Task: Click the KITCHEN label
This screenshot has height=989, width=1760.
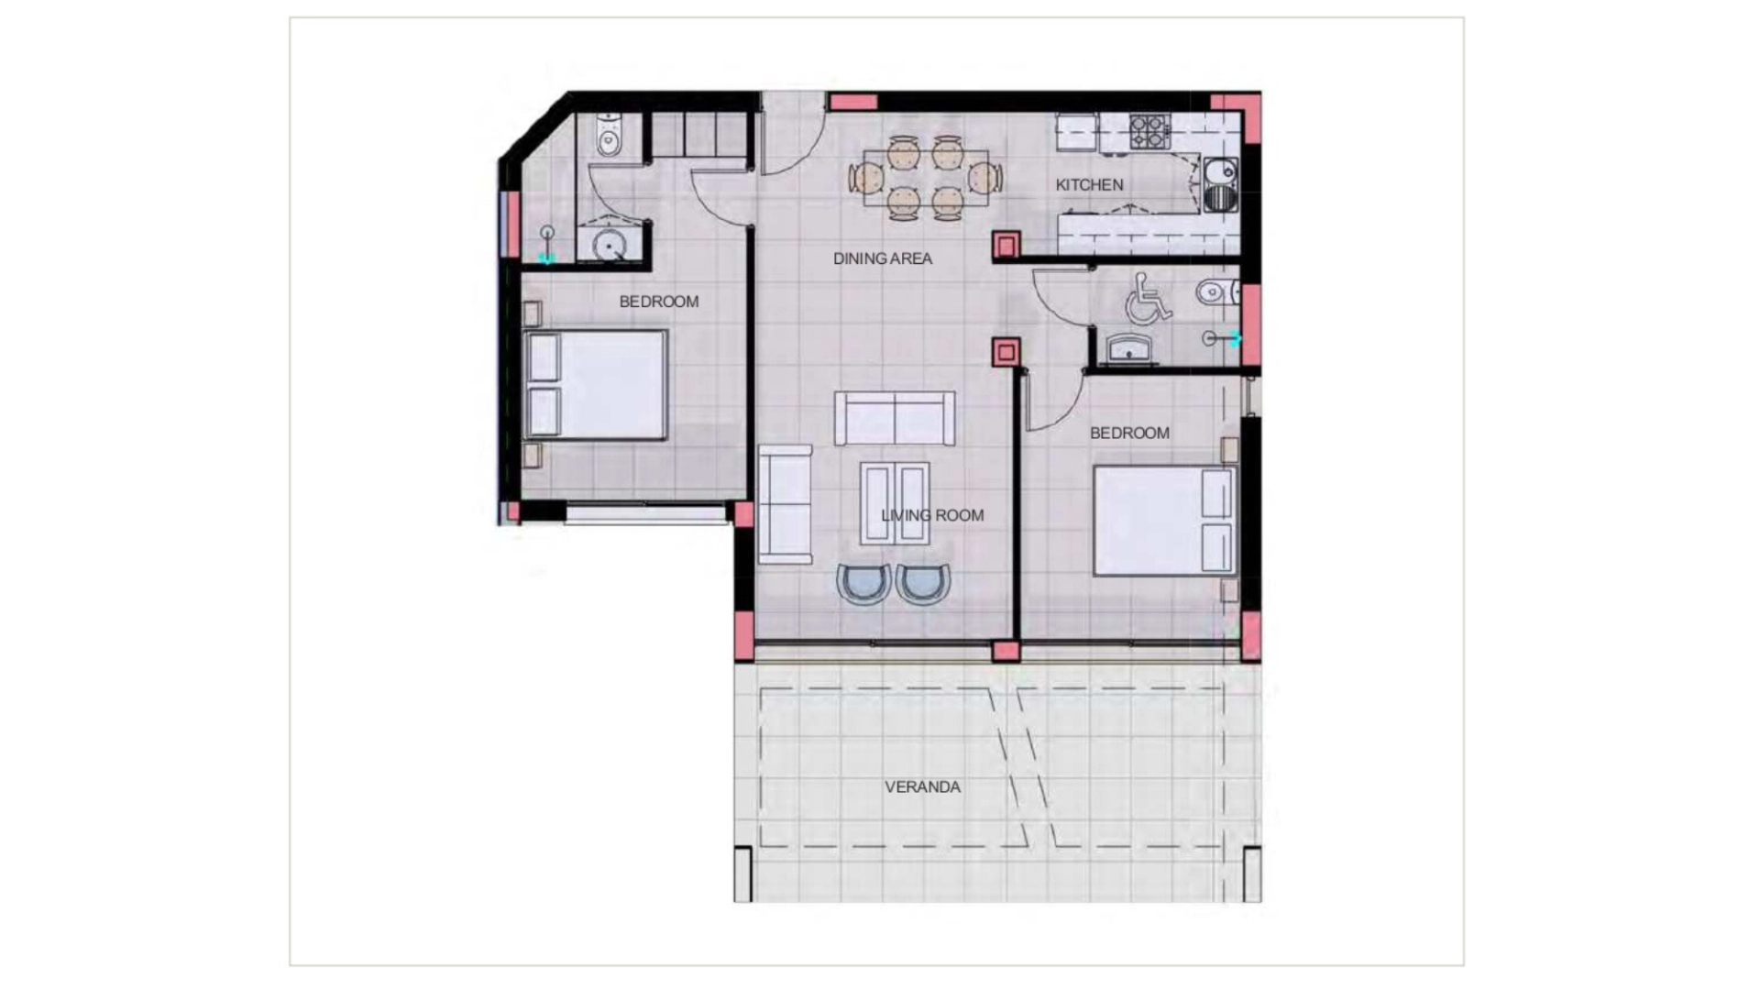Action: click(1089, 185)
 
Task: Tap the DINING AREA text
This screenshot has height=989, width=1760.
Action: click(882, 259)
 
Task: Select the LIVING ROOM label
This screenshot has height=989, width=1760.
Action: click(932, 516)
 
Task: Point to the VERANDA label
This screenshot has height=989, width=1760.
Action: click(922, 787)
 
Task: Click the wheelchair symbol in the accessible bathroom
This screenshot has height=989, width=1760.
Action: click(1148, 298)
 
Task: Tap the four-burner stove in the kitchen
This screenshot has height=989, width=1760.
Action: click(1149, 130)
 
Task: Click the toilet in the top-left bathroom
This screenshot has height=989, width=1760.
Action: click(609, 135)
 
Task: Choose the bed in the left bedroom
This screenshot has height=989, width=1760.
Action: click(594, 385)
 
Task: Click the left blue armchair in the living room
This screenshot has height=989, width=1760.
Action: click(863, 584)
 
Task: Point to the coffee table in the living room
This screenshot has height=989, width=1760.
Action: click(894, 502)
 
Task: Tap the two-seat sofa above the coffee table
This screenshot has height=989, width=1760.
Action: click(894, 419)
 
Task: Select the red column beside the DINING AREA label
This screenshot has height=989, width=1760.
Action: click(1006, 245)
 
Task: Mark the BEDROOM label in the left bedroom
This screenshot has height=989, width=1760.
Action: click(658, 302)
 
